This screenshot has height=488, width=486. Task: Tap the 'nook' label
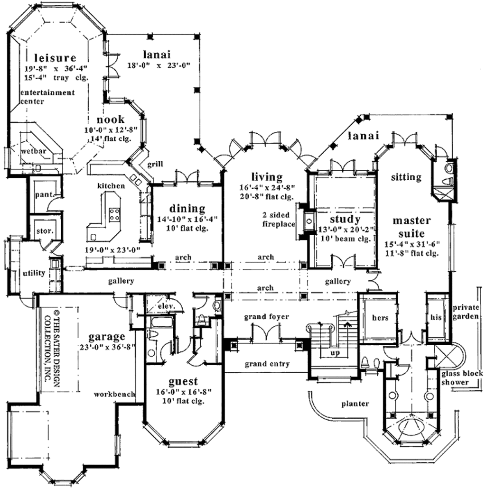(111, 119)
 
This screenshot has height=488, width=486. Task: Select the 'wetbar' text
(29, 151)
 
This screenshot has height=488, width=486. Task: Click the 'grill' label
(155, 164)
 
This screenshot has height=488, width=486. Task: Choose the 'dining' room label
(187, 208)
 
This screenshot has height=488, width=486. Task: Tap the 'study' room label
(346, 219)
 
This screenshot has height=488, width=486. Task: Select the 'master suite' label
(411, 227)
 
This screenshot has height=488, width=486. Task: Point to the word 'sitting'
(406, 177)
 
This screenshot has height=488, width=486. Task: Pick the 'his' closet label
(436, 317)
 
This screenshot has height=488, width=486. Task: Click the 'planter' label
(355, 404)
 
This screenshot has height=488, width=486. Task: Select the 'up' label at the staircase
(334, 353)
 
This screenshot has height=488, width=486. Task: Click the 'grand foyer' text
(266, 316)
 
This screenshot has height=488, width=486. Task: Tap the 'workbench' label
(114, 394)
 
